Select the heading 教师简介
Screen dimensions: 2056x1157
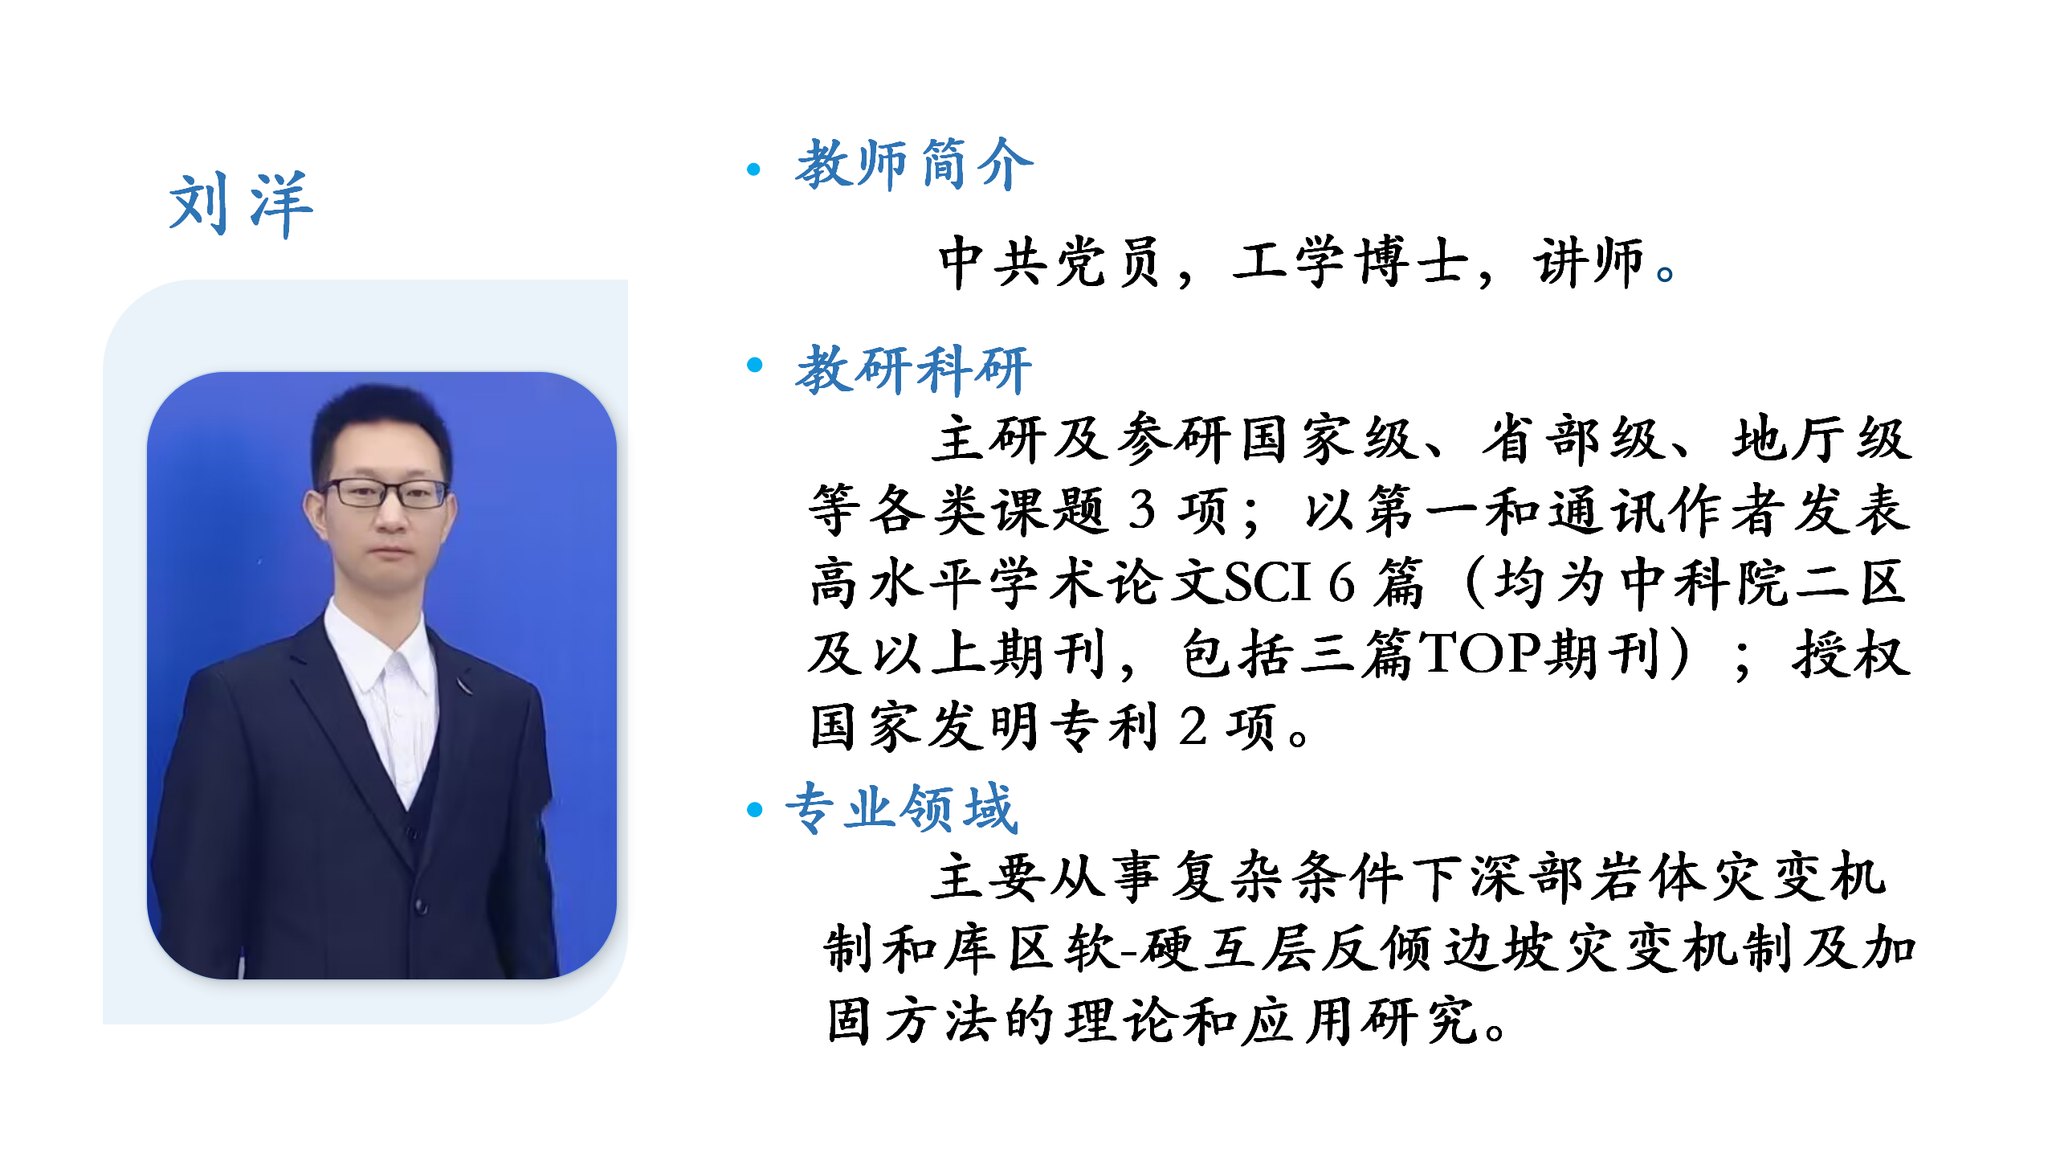915,164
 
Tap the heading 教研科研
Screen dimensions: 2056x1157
913,370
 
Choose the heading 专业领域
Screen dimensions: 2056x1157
902,807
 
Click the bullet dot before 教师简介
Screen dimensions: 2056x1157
753,169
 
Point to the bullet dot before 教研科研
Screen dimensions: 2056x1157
754,365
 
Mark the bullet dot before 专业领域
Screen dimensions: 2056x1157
754,809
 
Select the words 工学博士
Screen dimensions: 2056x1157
1350,262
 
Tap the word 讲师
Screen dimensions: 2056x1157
1589,262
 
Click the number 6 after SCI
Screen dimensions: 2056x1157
1342,582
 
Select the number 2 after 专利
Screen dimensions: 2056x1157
1193,726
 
